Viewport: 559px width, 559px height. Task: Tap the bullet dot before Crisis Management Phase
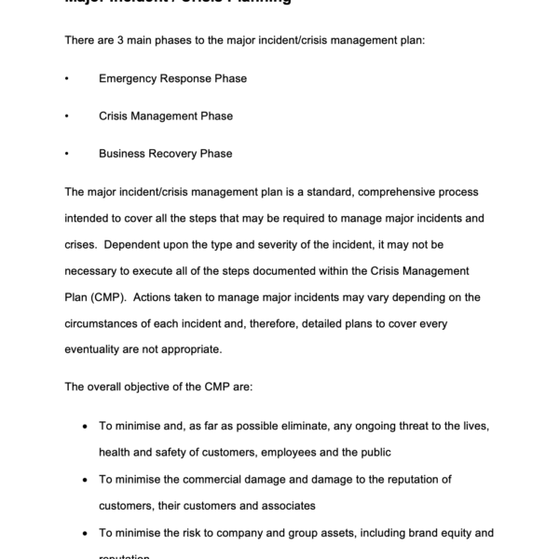pyautogui.click(x=67, y=116)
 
